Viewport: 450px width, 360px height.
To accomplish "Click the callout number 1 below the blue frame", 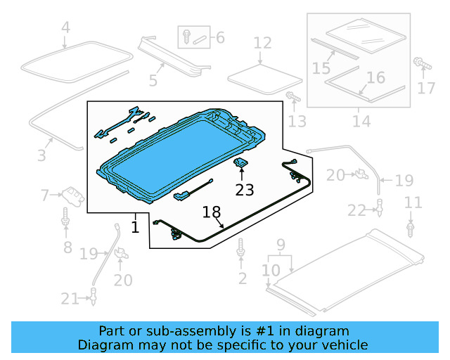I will pos(135,227).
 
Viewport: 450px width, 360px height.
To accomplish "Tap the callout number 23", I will pos(244,189).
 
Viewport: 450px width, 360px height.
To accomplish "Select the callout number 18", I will pos(212,212).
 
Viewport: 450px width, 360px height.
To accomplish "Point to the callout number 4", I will pos(65,28).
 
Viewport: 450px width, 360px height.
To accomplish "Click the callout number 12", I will pos(262,44).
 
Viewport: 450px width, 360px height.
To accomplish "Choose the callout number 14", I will pos(220,37).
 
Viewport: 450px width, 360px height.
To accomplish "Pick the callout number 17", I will pos(427,88).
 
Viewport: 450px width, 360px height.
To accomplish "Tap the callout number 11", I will pos(413,203).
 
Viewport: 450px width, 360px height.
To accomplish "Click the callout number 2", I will pos(243,279).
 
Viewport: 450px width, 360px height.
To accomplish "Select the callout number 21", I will pos(70,299).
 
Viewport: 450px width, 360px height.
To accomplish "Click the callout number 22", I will pos(357,210).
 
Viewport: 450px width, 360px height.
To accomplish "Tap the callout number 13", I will pos(297,122).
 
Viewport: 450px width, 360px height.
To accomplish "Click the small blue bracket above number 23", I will pos(241,164).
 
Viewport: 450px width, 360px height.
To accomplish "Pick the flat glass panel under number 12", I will pos(255,74).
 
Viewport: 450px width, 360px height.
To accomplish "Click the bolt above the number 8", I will pos(66,217).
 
